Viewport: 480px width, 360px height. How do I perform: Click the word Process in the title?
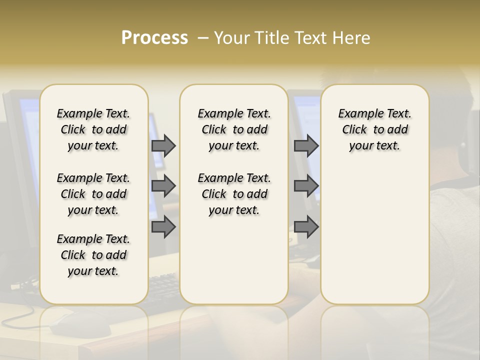(154, 38)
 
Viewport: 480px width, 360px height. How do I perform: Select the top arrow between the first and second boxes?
(163, 145)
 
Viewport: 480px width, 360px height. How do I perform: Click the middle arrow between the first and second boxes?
(163, 186)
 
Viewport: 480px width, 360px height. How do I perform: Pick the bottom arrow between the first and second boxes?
(163, 227)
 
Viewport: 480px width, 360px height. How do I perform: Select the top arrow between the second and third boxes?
(306, 145)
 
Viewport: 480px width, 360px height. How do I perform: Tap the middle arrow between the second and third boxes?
(306, 186)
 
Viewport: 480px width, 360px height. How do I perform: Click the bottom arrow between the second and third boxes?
(306, 227)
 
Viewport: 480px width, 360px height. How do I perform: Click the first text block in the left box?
(93, 129)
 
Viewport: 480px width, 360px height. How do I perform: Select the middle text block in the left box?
(93, 194)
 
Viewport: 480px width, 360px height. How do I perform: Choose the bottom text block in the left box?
(93, 255)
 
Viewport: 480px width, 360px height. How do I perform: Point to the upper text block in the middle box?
(234, 129)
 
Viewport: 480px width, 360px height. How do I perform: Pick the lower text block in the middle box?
(234, 194)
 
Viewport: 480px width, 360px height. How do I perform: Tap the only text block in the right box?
(374, 129)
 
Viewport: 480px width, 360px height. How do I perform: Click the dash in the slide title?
(203, 38)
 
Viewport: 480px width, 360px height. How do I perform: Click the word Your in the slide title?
(231, 38)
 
